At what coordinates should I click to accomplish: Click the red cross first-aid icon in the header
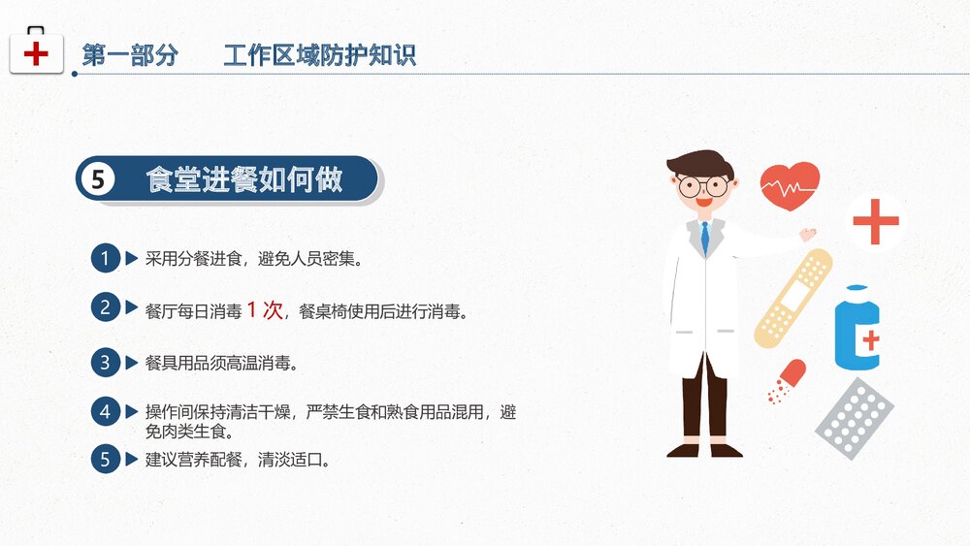point(36,51)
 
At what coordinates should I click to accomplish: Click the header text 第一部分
point(130,55)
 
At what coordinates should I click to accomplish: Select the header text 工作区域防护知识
point(319,55)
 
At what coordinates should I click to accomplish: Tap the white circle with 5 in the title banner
point(97,179)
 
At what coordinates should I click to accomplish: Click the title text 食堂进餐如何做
point(244,179)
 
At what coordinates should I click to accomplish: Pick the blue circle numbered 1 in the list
point(105,259)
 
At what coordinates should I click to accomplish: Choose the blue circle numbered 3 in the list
point(105,363)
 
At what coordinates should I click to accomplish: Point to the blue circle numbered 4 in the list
point(105,411)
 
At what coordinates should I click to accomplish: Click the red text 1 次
point(264,310)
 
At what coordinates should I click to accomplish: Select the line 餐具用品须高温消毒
point(220,364)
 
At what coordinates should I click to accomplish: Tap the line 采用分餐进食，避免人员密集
point(253,260)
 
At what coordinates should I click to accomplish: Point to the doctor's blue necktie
point(705,237)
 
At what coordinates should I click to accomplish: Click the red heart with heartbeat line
point(790,185)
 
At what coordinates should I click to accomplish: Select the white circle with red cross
point(875,222)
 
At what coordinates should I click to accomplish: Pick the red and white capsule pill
point(787,379)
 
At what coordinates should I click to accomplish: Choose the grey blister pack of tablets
point(853,418)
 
